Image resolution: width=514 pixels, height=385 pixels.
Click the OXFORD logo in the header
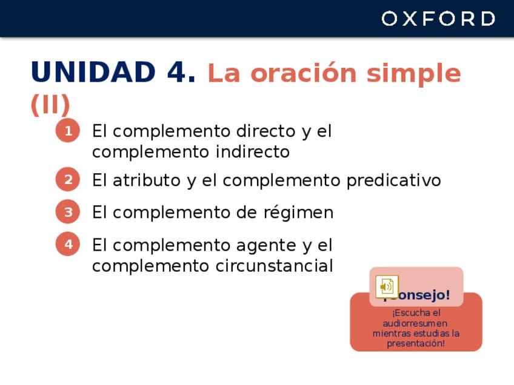438,18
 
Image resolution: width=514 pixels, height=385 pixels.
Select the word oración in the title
304,73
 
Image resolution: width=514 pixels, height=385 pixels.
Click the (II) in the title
50,105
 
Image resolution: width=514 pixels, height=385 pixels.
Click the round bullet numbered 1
68,131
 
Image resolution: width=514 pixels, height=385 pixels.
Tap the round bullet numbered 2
68,179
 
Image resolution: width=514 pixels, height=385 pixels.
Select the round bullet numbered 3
68,211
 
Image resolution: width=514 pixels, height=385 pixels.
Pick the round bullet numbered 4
68,244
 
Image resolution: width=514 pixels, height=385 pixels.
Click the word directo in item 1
266,131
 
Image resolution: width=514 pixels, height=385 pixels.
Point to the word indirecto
253,151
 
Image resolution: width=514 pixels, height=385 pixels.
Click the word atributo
147,180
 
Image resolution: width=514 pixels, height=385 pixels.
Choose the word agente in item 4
266,246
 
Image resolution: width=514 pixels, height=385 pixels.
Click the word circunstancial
275,265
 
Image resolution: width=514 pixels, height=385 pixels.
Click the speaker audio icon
387,287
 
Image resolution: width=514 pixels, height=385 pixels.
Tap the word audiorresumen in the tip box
415,323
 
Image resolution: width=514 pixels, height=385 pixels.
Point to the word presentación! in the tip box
416,343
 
